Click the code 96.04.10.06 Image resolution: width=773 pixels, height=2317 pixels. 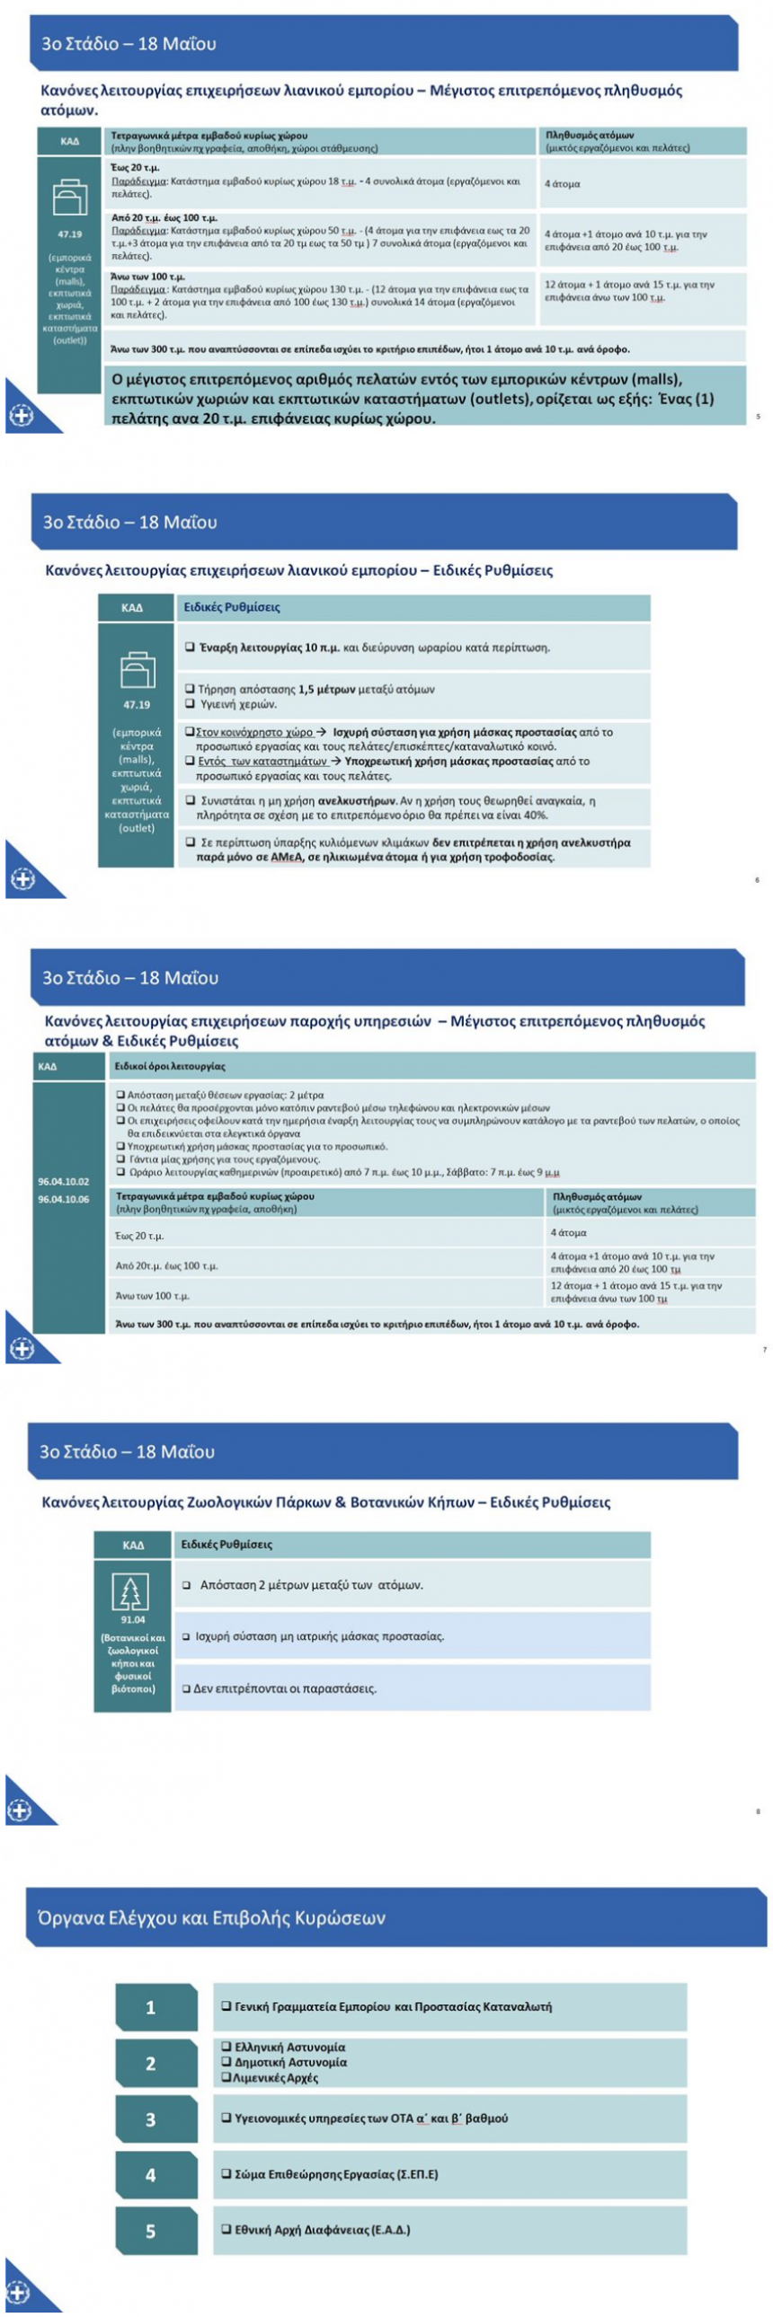pyautogui.click(x=63, y=1199)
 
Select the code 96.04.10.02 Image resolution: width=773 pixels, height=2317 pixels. pyautogui.click(x=63, y=1181)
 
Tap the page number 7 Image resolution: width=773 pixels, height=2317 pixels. pyautogui.click(x=764, y=1349)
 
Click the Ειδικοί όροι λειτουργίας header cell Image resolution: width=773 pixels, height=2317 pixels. pyautogui.click(x=168, y=1066)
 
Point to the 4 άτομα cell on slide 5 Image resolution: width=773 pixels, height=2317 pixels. pyautogui.click(x=563, y=183)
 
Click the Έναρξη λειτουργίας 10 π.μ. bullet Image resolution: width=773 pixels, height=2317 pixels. pyautogui.click(x=373, y=648)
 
